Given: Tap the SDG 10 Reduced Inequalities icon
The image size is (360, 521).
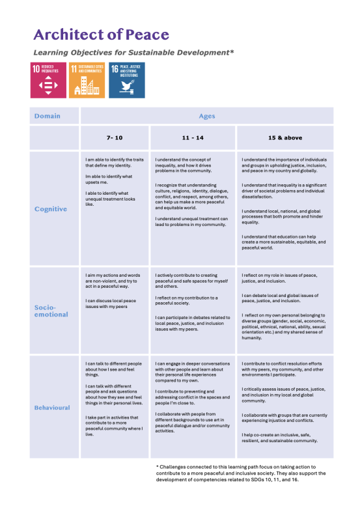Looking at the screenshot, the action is (x=48, y=80).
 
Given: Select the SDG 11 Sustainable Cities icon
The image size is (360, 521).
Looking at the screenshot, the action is (x=87, y=80).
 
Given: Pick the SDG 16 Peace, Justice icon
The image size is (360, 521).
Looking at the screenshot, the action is (x=126, y=80).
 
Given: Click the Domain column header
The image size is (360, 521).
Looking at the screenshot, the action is (x=47, y=116).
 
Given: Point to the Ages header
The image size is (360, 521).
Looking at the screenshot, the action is (x=206, y=116).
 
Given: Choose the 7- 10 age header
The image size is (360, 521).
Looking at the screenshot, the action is (x=115, y=139).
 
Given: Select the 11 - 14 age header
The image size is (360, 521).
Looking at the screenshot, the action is (x=193, y=139).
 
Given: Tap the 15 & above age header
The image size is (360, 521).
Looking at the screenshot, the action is (x=284, y=139).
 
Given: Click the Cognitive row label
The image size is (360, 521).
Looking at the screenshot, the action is (x=51, y=209).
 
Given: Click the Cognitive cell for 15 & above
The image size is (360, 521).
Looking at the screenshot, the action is (x=284, y=208).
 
